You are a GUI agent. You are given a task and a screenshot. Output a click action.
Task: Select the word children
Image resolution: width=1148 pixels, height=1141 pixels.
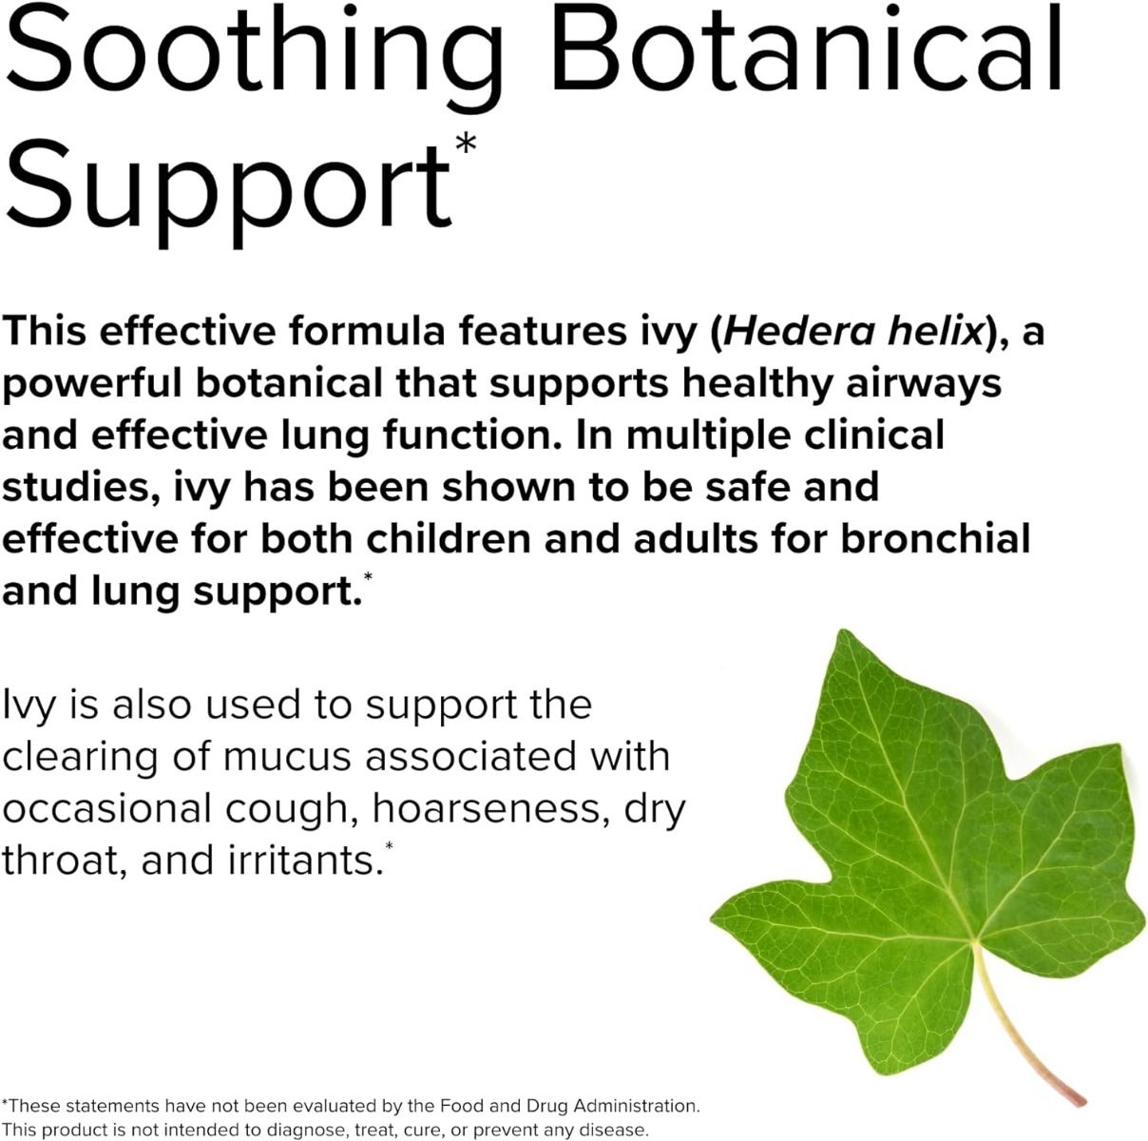click(448, 538)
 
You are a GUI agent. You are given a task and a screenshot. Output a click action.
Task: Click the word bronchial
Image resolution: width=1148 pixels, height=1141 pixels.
click(935, 538)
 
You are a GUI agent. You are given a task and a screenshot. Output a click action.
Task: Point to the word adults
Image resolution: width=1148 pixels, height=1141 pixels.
click(695, 538)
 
